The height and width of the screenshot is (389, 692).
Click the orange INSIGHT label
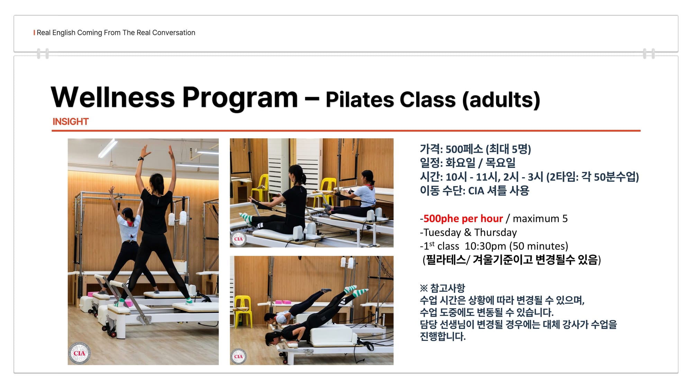click(71, 122)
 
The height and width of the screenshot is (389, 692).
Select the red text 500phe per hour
click(463, 219)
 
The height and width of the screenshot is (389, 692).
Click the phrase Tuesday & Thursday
click(470, 232)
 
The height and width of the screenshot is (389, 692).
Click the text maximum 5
click(540, 219)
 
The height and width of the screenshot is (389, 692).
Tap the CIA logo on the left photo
click(79, 353)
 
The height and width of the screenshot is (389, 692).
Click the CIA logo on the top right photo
click(238, 239)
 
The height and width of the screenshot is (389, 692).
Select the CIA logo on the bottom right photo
click(238, 356)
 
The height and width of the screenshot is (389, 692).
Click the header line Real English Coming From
click(79, 33)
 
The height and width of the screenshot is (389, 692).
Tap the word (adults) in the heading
click(501, 100)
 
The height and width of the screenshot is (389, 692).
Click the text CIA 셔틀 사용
click(499, 191)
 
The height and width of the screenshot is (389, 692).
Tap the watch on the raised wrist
click(140, 159)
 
